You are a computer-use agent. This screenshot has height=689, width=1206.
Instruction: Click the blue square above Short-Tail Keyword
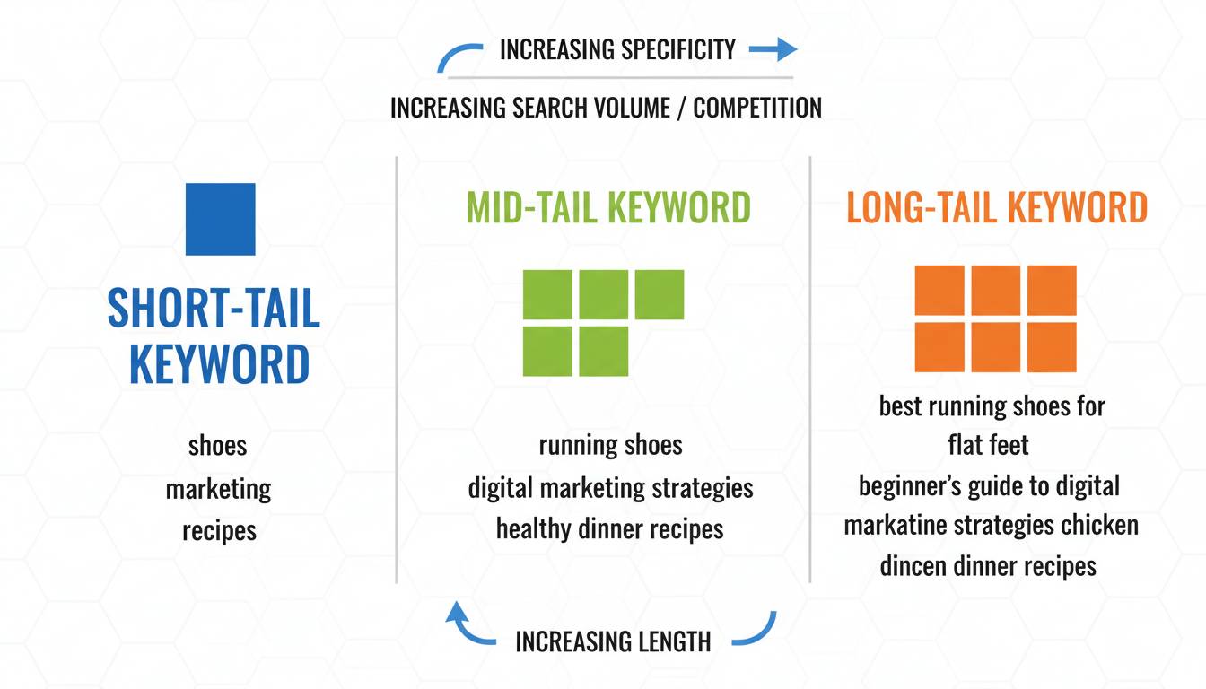pos(220,219)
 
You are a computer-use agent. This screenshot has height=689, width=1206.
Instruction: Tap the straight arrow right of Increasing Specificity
pos(773,49)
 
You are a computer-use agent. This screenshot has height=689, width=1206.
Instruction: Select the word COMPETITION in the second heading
pos(757,108)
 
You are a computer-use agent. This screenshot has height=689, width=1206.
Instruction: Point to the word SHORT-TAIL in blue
pos(214,308)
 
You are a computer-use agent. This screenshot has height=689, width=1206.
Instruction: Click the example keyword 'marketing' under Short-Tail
pos(218,489)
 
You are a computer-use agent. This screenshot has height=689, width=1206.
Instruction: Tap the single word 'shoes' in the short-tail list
pos(217,446)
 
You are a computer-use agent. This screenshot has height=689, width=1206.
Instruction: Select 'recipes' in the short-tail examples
pos(219,531)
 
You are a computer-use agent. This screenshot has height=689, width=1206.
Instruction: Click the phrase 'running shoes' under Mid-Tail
pos(610,445)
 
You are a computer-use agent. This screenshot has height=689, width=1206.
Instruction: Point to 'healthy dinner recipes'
pos(609,529)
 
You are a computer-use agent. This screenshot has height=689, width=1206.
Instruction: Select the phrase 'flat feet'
pos(988,445)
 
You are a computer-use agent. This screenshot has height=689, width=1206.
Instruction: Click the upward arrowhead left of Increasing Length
pos(457,613)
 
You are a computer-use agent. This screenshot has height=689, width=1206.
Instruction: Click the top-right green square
pos(660,294)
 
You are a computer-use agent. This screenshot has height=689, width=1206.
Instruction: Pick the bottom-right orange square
pos(1052,347)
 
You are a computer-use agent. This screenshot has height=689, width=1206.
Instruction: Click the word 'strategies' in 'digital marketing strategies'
pos(703,488)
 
